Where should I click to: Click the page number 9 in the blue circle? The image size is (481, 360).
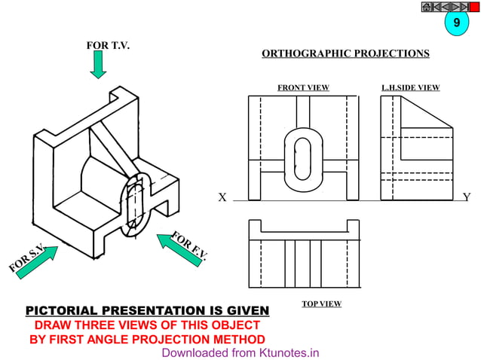tap(455, 24)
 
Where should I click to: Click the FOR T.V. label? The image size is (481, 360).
tap(109, 46)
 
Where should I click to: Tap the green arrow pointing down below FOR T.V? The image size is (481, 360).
tap(98, 66)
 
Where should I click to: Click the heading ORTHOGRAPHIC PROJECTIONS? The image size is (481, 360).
tap(345, 53)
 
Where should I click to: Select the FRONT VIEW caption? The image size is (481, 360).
tap(303, 88)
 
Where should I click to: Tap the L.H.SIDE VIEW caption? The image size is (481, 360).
tap(411, 88)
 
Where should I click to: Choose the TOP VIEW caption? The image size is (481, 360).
tap(321, 304)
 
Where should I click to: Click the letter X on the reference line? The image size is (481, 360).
tap(222, 198)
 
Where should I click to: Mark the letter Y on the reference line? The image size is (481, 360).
tap(466, 198)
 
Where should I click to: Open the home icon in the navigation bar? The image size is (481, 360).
tap(426, 7)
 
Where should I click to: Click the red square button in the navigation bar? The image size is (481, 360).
tap(474, 7)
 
